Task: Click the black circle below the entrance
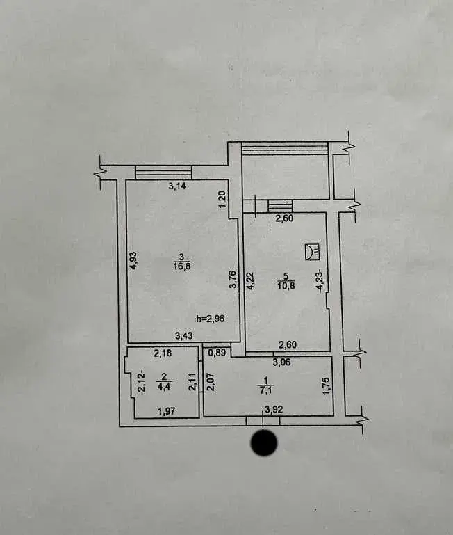coord(264,442)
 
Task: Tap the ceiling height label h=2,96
coord(211,319)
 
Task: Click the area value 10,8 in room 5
coord(286,285)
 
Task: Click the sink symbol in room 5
coord(312,251)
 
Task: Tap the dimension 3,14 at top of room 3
coord(177,186)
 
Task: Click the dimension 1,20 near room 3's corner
coord(222,200)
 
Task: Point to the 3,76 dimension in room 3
coord(233,280)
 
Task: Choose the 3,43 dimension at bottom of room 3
coord(184,336)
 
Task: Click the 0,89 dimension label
coord(217,353)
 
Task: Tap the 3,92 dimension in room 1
coord(274,410)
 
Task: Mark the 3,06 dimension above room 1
coord(282,362)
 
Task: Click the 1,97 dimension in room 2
coord(167,411)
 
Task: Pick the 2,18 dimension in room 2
coord(163,353)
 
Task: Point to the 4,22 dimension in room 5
coord(251,280)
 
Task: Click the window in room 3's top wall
coord(163,173)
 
